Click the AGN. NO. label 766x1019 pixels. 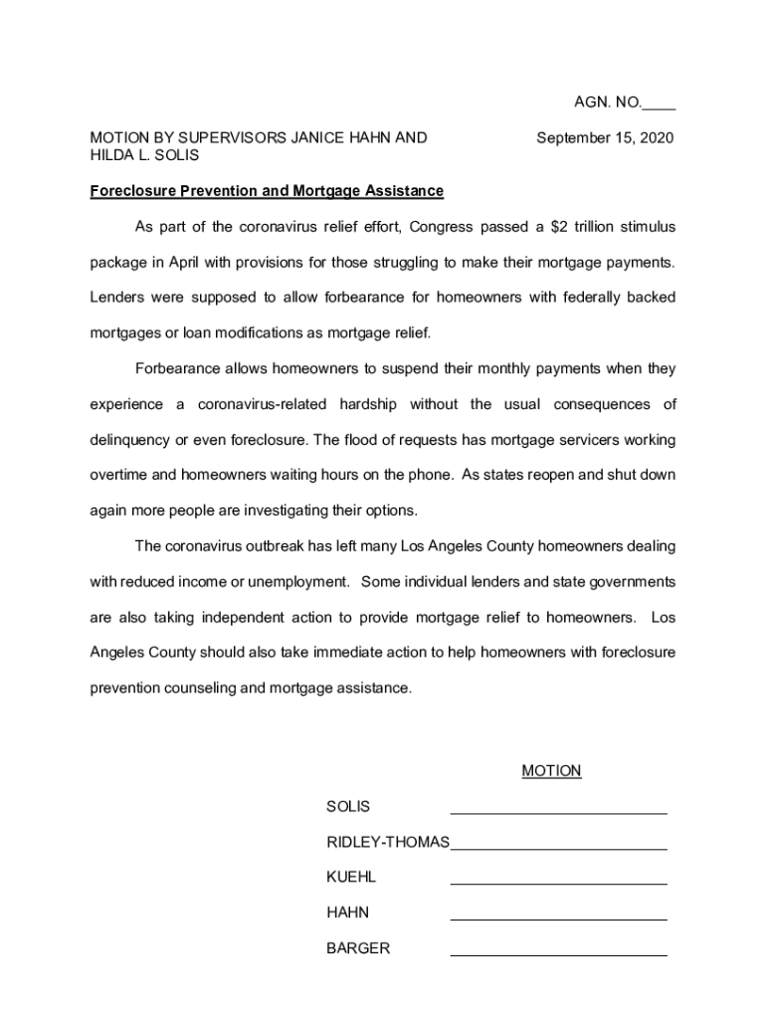click(607, 102)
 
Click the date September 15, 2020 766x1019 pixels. click(605, 137)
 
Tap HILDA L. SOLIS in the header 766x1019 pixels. click(144, 155)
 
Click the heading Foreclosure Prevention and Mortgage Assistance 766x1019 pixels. click(267, 190)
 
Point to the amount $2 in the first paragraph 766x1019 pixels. click(559, 227)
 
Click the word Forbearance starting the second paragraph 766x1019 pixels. click(177, 369)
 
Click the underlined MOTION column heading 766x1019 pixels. click(551, 771)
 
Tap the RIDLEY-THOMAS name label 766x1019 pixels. click(388, 842)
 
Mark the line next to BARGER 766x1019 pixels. click(558, 954)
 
